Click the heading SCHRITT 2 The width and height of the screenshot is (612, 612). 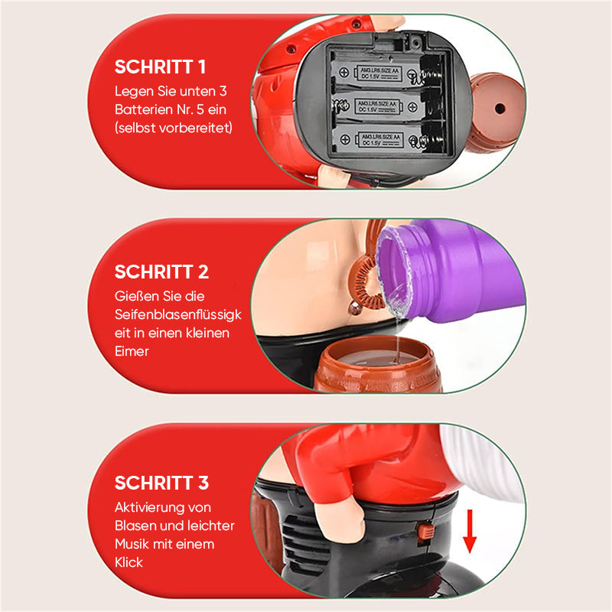coord(161,272)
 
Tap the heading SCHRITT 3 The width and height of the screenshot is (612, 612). coord(161,483)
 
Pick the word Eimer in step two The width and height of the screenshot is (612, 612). coord(132,352)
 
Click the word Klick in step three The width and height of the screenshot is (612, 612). coord(129,562)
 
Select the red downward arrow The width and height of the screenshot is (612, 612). coord(470,531)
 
